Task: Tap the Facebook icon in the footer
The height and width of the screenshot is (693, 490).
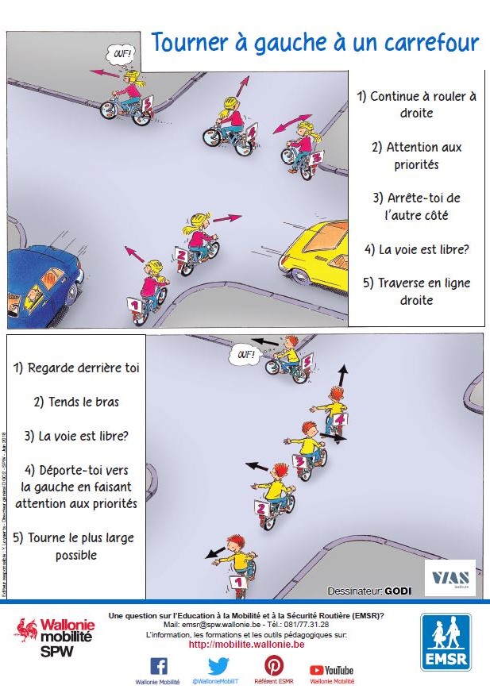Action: coord(158,665)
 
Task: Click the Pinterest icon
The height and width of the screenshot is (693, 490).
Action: coord(273,665)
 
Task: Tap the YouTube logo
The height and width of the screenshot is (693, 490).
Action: coord(331,670)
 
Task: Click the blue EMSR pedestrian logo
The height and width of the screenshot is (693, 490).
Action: coord(445,643)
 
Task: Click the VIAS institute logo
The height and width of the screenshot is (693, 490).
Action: coord(449,578)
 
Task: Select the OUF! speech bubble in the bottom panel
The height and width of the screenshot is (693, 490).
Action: coord(241,353)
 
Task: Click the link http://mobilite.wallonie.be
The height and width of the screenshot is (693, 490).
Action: coord(246,645)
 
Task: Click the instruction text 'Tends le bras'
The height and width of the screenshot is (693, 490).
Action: coord(76,402)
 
